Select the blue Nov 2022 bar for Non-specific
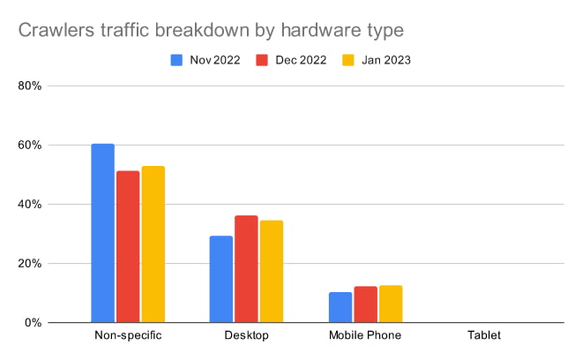coord(103,233)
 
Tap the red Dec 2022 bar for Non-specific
coord(128,246)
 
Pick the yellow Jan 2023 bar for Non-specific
coord(153,244)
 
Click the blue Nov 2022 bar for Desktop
coord(221,279)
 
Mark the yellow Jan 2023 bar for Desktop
coord(271,271)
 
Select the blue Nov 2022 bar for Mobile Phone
coord(339,307)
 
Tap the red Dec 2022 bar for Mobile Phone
coord(365,304)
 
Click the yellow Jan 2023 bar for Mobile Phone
coord(390,304)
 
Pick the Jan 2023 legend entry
coord(372,60)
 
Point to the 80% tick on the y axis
coord(29,86)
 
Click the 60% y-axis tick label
coord(29,146)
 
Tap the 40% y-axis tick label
coord(29,205)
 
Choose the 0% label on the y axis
coord(33,323)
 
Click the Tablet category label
coord(483,336)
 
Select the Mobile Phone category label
coord(365,336)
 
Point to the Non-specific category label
coord(128,336)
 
